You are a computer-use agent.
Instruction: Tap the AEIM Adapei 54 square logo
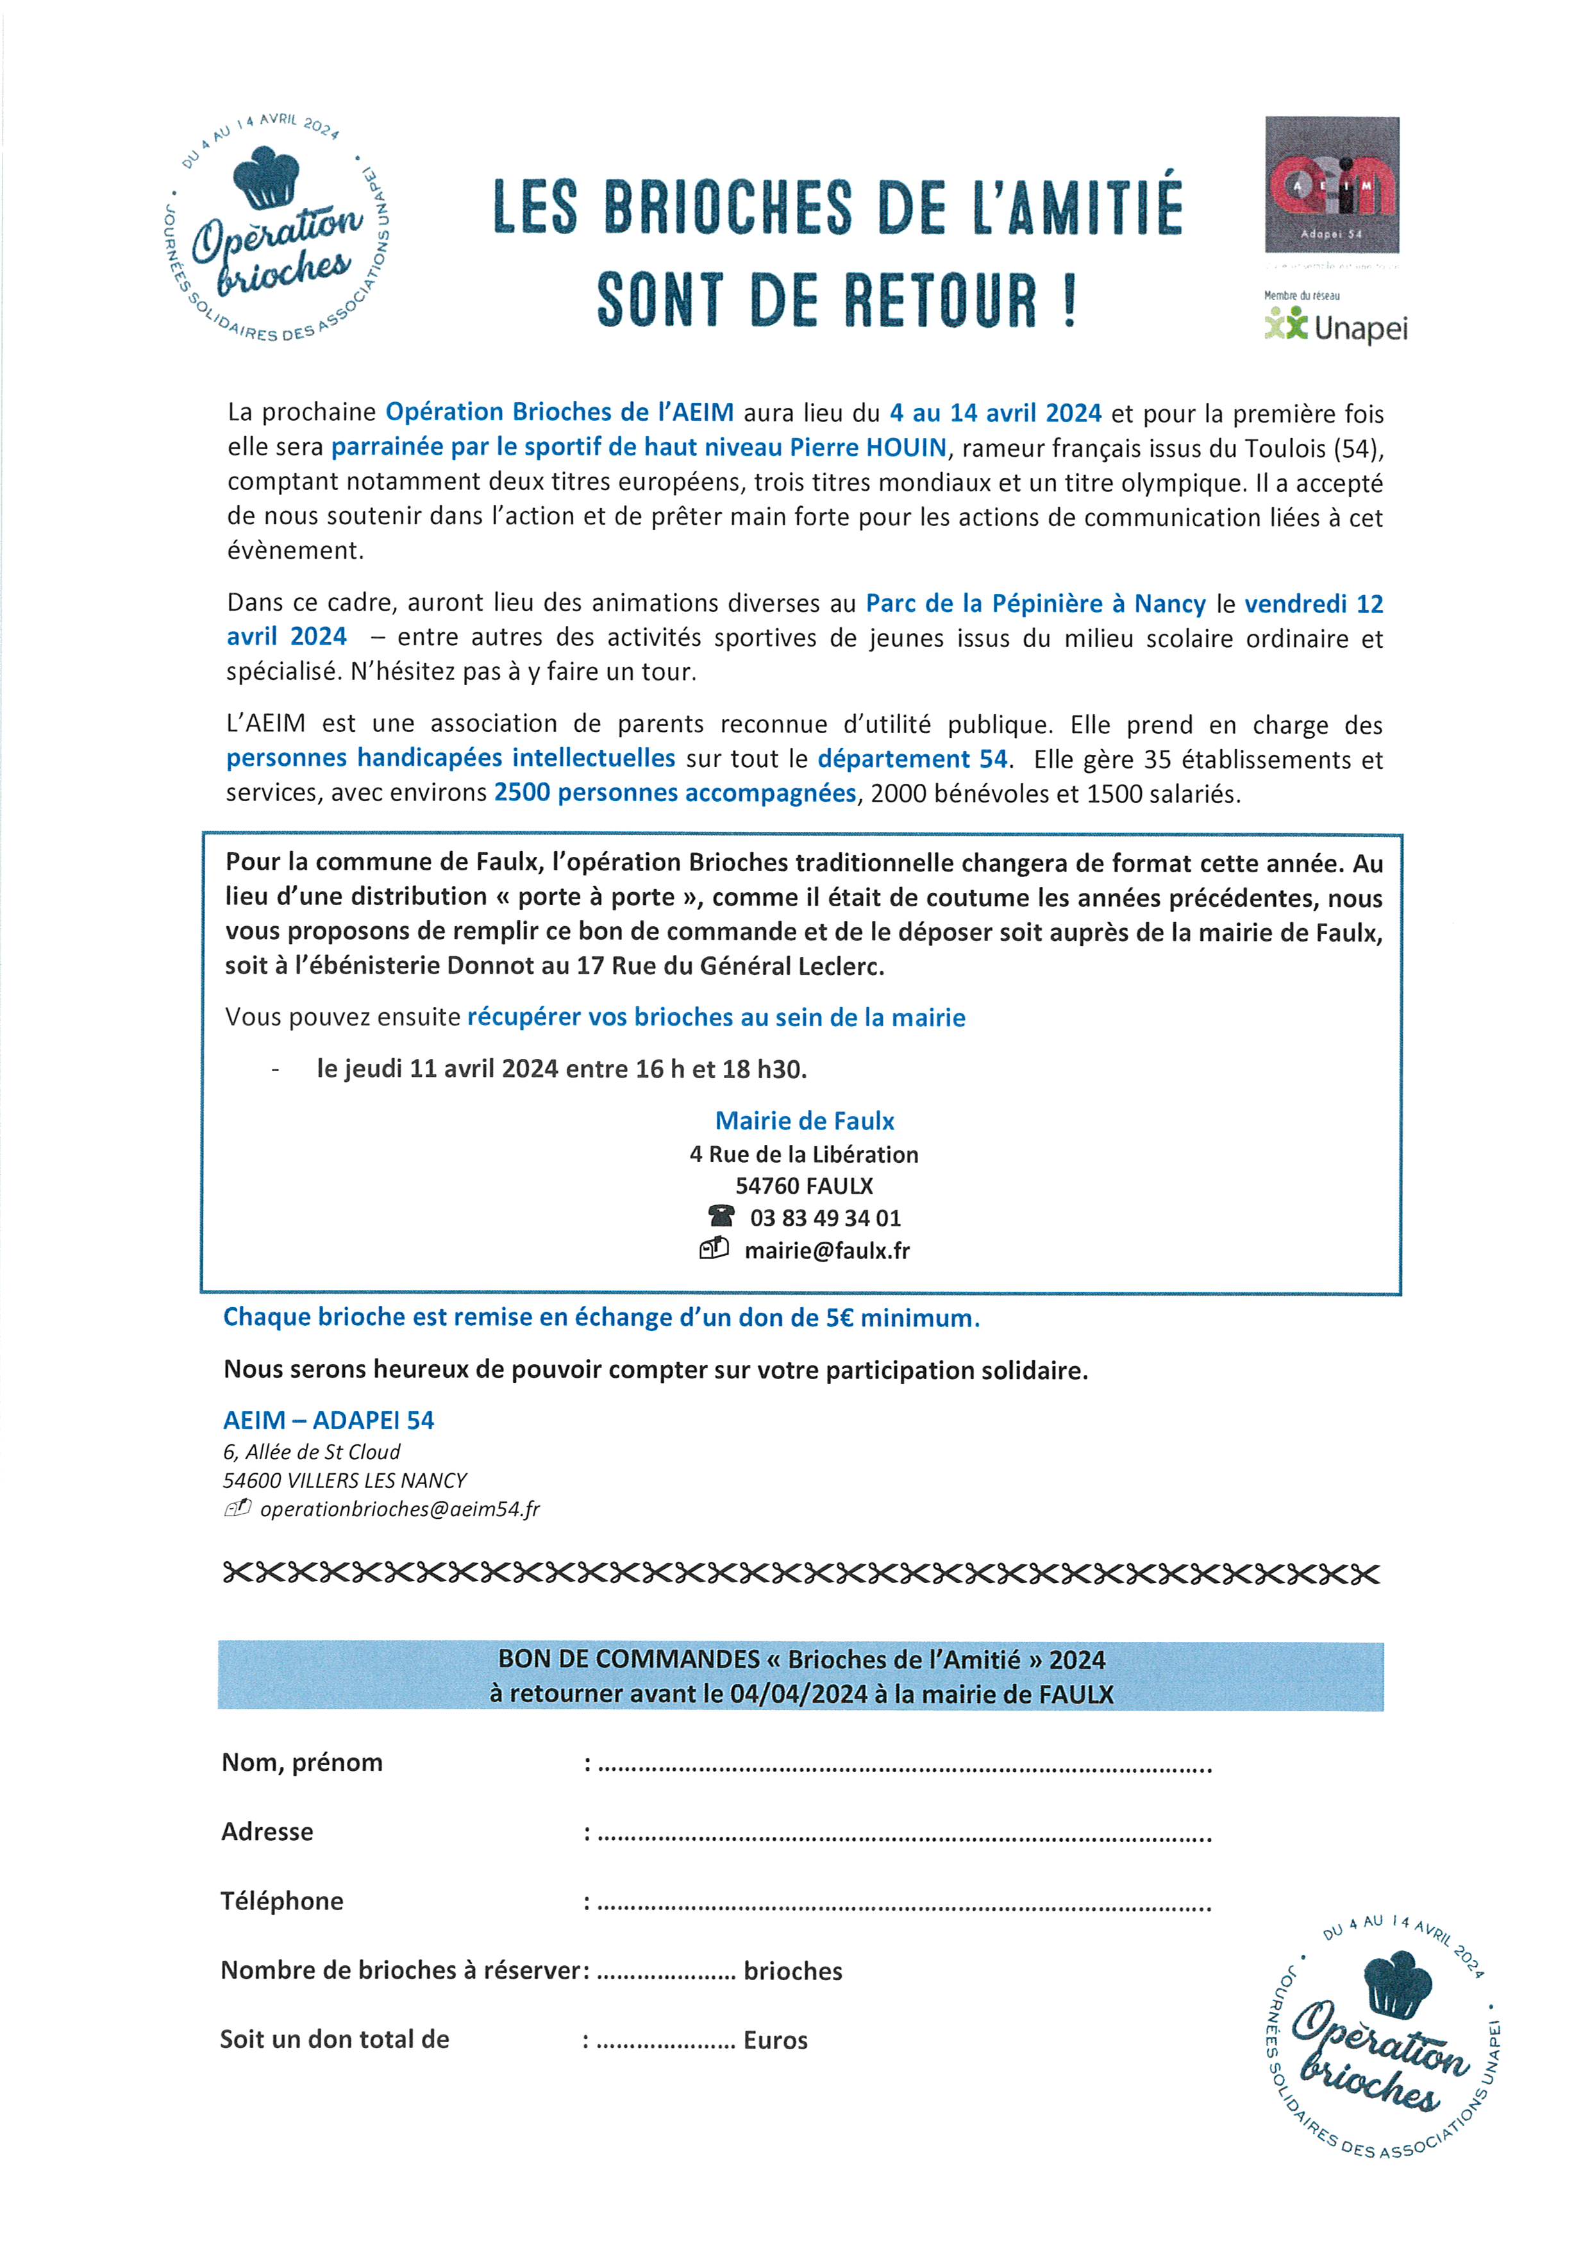tap(1332, 184)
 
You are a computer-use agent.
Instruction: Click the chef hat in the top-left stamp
tap(265, 178)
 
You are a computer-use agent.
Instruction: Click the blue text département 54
tap(912, 759)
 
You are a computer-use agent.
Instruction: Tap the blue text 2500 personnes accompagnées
tap(675, 793)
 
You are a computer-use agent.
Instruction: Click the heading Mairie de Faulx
tap(805, 1121)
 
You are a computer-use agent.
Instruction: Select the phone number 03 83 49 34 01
tap(825, 1218)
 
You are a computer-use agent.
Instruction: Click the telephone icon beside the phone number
tap(721, 1216)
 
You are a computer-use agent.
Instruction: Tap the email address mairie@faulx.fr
tap(827, 1251)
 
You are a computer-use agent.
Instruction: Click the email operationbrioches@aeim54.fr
tap(399, 1509)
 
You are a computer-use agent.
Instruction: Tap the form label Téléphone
tap(282, 1901)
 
